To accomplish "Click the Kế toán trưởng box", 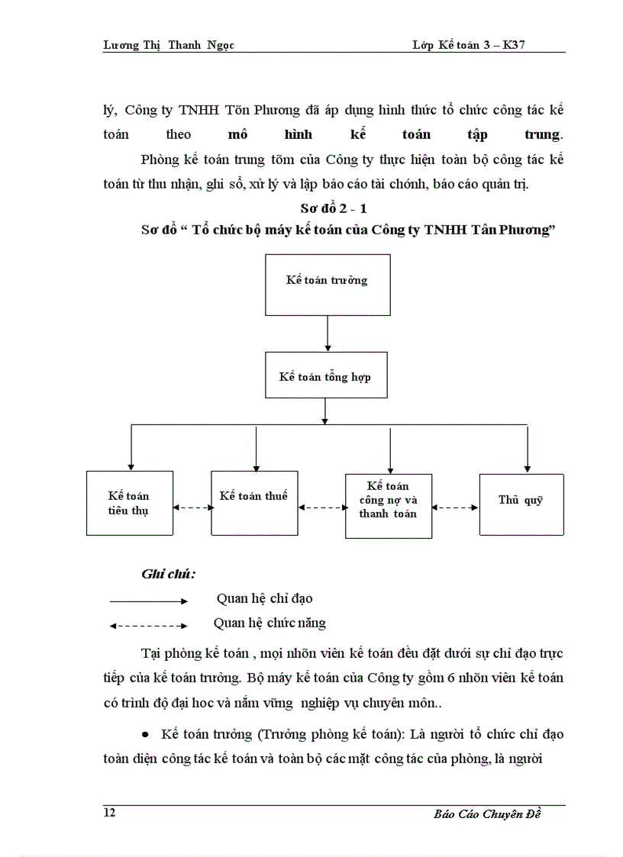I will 328,281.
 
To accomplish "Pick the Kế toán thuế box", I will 253,502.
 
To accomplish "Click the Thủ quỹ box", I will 521,504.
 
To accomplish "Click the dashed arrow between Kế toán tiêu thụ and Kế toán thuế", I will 192,507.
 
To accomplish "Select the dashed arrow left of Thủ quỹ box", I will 456,507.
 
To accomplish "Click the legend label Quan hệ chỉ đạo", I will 264,599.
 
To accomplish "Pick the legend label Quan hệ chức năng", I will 270,623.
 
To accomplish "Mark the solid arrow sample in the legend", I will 148,601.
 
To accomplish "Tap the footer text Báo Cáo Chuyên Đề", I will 486,814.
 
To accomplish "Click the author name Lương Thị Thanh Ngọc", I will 168,45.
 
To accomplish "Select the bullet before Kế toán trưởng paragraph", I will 145,734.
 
